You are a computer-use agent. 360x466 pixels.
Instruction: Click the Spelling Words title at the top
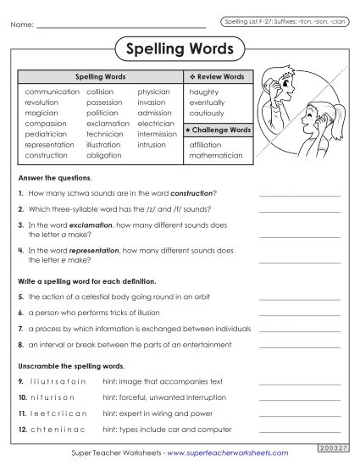pos(180,48)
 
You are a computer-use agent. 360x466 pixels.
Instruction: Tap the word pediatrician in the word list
pos(46,134)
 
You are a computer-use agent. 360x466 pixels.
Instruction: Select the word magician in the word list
pos(42,112)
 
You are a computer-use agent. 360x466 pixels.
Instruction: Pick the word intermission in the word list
pos(157,134)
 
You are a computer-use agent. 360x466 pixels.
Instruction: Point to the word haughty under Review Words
pos(204,91)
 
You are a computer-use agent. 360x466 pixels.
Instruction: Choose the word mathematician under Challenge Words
pos(216,156)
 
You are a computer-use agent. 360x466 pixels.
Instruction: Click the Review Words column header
pos(218,76)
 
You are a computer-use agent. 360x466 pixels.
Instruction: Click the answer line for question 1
pos(298,195)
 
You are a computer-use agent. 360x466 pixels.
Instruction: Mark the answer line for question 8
pos(298,346)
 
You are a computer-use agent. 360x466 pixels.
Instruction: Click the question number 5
pos(19,297)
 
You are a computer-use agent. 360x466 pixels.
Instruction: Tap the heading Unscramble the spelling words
pos(59,366)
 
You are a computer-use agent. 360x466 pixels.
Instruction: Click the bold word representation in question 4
pos(95,251)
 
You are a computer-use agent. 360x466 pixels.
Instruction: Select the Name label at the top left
pos(22,25)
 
